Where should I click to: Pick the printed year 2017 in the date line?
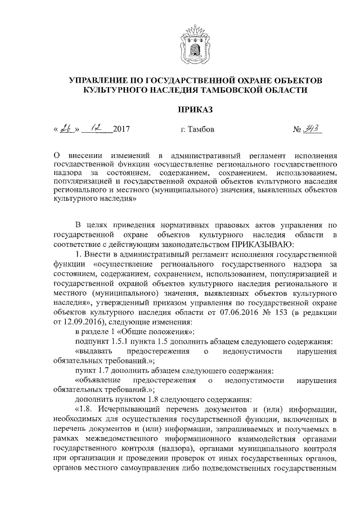121,130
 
